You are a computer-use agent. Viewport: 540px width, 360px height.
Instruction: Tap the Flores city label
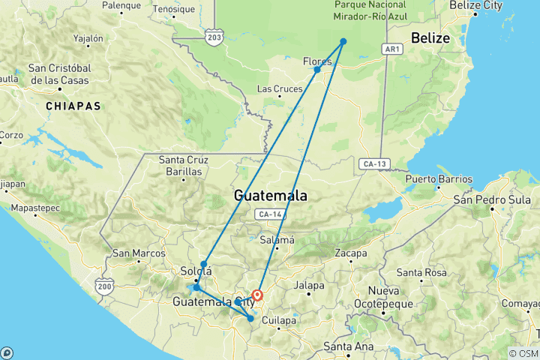point(316,61)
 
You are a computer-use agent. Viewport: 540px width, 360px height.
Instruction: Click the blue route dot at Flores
point(317,70)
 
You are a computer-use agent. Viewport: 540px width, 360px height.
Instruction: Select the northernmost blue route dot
point(343,41)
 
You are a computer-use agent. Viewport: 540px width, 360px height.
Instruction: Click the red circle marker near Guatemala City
point(257,295)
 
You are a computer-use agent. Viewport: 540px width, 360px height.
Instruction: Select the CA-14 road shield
point(268,214)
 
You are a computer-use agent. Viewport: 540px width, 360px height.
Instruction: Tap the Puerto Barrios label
point(439,179)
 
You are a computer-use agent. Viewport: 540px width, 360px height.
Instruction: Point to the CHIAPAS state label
point(73,106)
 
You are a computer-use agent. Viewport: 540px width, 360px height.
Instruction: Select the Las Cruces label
point(280,89)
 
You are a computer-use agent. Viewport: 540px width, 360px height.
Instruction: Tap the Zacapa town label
point(352,253)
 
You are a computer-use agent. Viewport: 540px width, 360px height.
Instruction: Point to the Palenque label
point(121,5)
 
